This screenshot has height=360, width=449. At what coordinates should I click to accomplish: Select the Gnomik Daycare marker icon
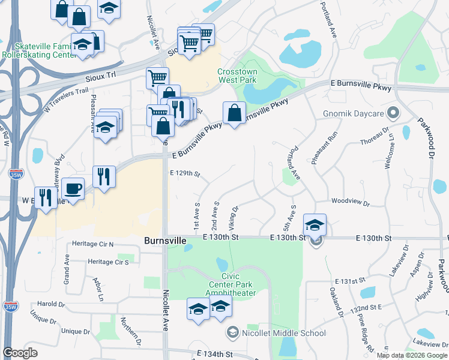click(394, 112)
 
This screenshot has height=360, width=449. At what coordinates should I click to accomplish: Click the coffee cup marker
click(73, 189)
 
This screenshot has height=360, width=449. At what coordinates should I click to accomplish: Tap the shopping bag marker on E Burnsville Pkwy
click(234, 113)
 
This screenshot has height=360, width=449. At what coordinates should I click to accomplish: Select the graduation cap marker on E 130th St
click(315, 225)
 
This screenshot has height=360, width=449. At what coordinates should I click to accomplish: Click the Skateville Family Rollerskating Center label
click(39, 50)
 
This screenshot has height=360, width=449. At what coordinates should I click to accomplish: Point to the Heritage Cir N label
click(92, 244)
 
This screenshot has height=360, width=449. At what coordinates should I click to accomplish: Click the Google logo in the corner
click(20, 353)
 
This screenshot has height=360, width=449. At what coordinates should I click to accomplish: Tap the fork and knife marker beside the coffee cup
click(103, 177)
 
